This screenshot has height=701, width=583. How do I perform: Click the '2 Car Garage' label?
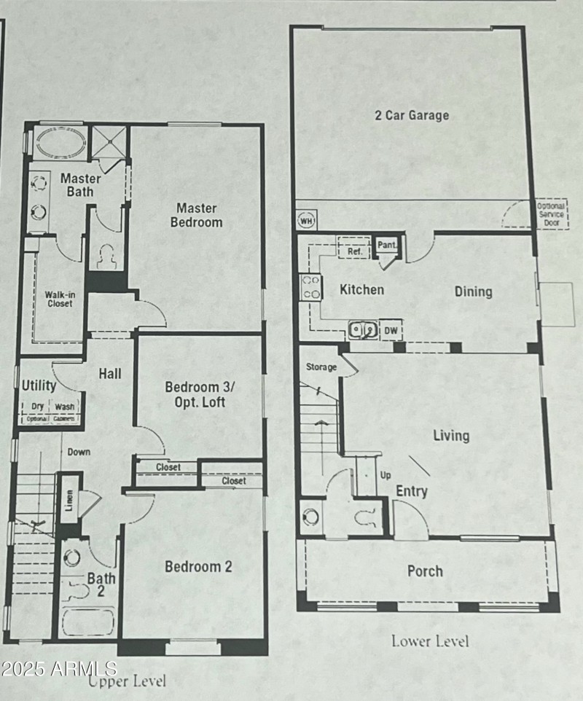coord(412,115)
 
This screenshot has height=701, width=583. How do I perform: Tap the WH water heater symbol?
coord(306,219)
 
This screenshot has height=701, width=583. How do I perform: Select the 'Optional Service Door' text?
coord(552,215)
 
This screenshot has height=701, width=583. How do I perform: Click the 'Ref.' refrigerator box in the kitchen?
coord(355,251)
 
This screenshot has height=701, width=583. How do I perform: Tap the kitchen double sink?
coord(363,330)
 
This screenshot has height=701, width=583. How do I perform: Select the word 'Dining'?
coord(473,291)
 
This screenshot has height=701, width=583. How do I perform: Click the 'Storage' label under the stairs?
coord(321,367)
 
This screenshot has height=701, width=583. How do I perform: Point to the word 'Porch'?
coord(425,571)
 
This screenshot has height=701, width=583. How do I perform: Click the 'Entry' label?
coord(411,492)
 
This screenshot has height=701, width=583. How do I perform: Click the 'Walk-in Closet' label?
coord(59,299)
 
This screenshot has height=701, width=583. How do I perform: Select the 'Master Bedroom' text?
coord(197,215)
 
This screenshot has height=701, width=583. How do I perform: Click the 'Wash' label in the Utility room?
coord(65,407)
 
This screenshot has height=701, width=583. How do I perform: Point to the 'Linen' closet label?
coord(69,494)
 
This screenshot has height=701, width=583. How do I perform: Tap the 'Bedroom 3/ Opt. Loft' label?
coord(195,394)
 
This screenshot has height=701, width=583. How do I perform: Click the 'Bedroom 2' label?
coord(198,566)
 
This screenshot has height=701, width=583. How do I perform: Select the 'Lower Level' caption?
coord(430,641)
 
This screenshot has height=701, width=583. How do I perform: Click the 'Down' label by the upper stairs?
coord(79,452)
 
